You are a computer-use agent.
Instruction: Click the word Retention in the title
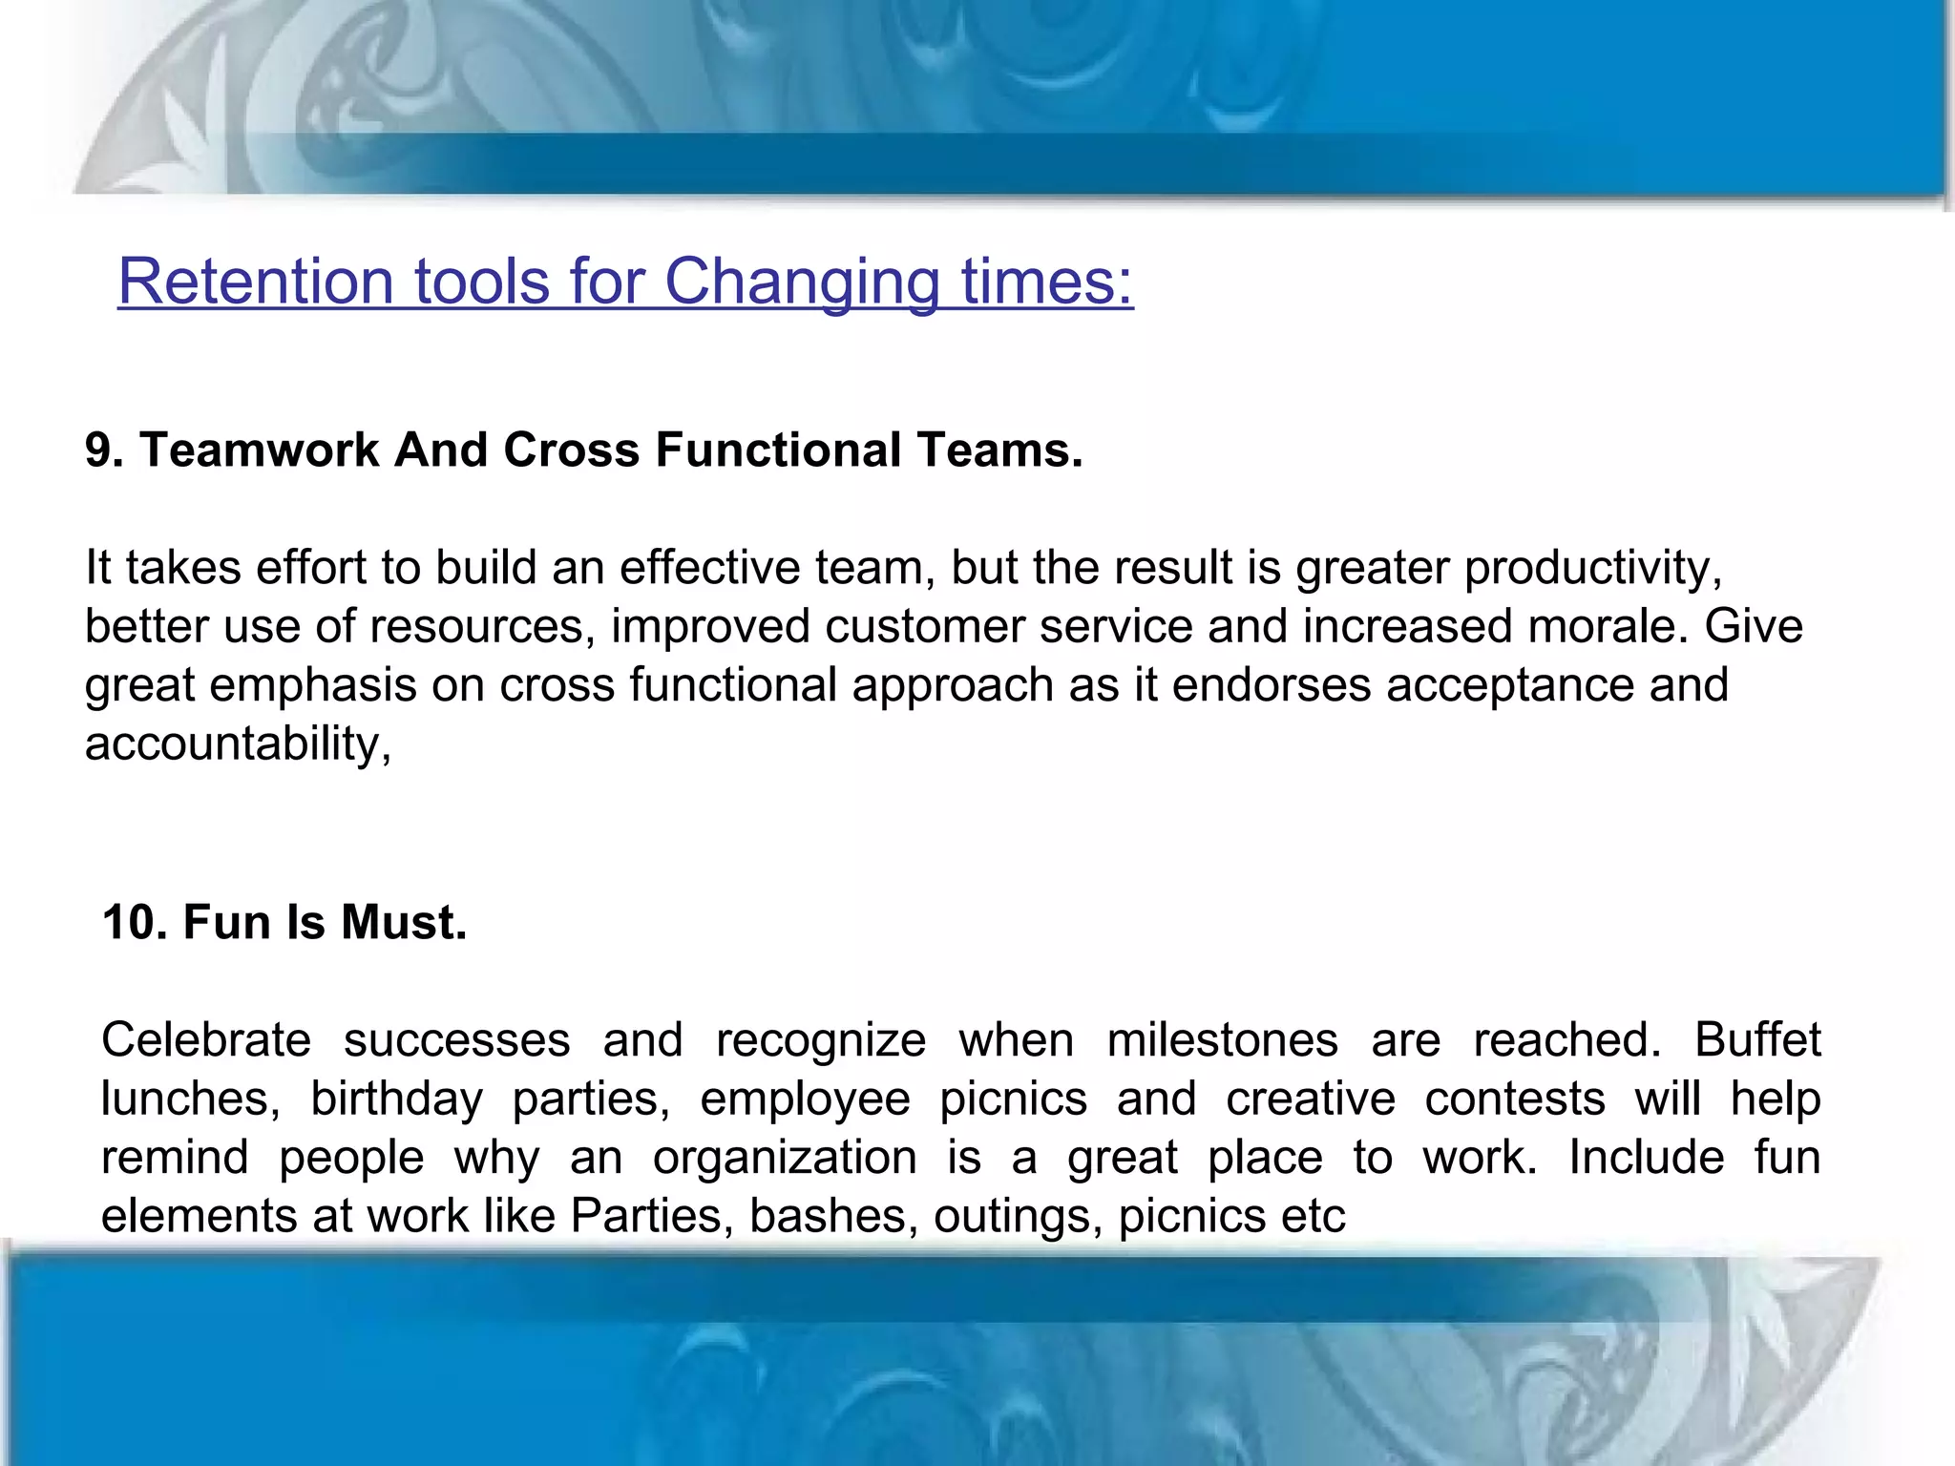(255, 282)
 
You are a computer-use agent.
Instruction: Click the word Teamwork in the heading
(260, 450)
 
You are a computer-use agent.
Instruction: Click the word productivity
(1592, 568)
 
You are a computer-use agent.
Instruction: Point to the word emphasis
(313, 686)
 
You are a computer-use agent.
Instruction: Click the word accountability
(238, 743)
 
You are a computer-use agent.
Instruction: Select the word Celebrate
(206, 1040)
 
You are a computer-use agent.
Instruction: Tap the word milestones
(1223, 1040)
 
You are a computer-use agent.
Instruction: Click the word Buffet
(1757, 1040)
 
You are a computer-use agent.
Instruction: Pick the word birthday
(396, 1099)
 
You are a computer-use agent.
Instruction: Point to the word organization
(785, 1159)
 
